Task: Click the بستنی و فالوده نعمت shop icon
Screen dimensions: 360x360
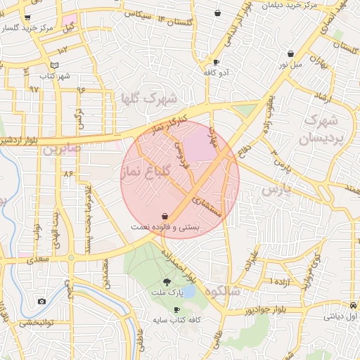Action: [x=165, y=216]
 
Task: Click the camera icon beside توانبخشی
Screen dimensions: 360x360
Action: [x=41, y=302]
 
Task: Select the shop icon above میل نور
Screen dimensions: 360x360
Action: [x=290, y=53]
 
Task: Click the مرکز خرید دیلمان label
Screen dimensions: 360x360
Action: [x=289, y=5]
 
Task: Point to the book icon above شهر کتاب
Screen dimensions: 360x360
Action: [x=65, y=65]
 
